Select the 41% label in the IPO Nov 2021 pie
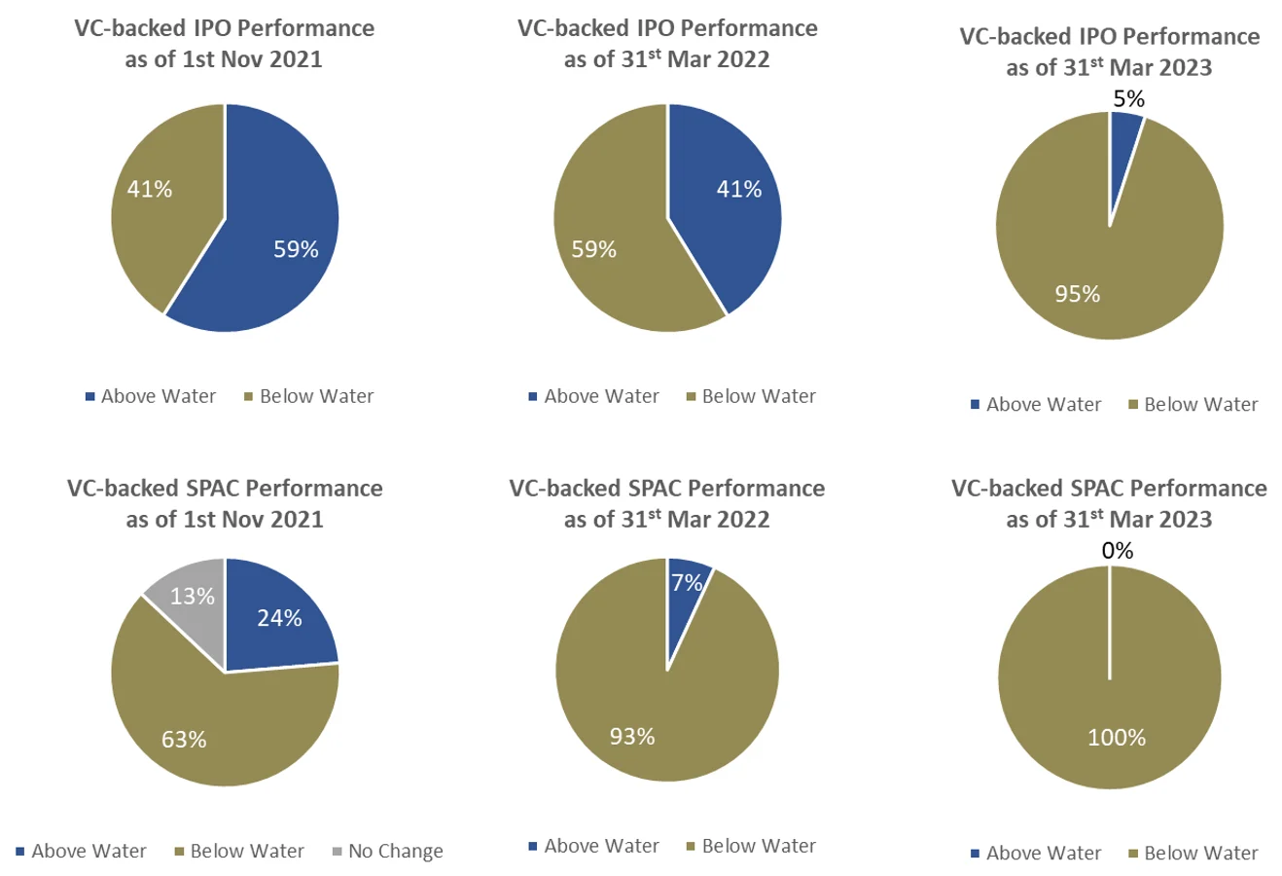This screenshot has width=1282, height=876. [x=150, y=189]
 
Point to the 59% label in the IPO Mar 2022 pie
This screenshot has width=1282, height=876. [x=593, y=249]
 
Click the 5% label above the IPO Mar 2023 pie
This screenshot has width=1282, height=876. [x=1128, y=99]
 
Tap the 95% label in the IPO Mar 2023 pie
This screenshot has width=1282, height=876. [x=1078, y=294]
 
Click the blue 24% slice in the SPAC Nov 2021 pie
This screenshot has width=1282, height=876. [x=279, y=618]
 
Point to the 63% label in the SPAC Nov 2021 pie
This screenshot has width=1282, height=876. [x=184, y=740]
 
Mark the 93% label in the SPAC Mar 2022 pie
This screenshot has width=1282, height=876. [x=632, y=737]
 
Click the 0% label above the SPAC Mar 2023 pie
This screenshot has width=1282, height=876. [x=1118, y=551]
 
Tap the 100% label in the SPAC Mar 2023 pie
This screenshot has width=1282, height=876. [x=1117, y=738]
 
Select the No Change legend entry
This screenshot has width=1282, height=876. [x=387, y=852]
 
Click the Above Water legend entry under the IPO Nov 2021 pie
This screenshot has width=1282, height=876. [x=151, y=396]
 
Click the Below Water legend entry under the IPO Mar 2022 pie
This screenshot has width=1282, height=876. [x=751, y=396]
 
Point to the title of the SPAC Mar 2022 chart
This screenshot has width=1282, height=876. [x=667, y=503]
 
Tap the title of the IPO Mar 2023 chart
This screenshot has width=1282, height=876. [x=1109, y=52]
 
